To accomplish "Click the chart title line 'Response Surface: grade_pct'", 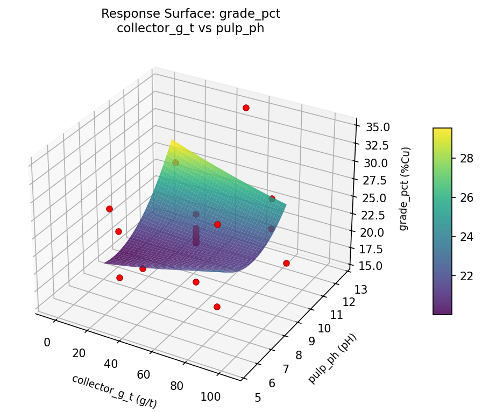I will pos(190,14).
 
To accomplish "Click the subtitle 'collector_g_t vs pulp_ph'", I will pos(190,28).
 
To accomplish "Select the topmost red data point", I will pos(246,108).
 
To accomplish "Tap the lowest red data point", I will pos(217,307).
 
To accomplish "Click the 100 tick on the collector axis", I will pos(211,397).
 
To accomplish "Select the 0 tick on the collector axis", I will pos(47,342).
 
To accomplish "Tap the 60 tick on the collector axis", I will pos(144,374).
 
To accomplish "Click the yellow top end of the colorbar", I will pos(442,131).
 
